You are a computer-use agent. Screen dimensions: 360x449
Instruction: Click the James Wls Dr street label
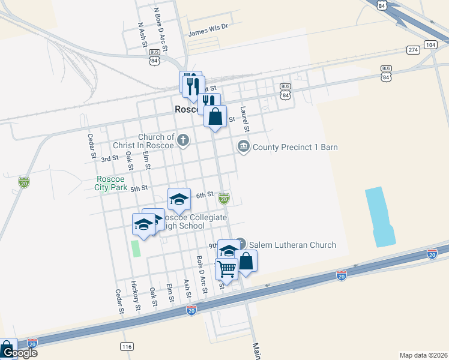click(209, 27)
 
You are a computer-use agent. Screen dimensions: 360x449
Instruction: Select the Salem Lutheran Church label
click(292, 245)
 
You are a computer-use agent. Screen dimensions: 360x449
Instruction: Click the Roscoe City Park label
click(111, 183)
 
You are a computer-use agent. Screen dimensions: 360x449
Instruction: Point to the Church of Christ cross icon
click(183, 141)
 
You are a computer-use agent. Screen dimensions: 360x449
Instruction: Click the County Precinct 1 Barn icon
click(243, 146)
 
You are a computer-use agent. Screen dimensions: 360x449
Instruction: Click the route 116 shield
click(126, 347)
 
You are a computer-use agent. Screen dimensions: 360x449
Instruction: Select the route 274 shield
click(412, 49)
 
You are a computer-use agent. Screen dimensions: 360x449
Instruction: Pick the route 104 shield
click(430, 45)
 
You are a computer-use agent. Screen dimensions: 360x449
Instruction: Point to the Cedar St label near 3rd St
click(93, 146)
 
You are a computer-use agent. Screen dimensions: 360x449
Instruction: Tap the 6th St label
click(205, 195)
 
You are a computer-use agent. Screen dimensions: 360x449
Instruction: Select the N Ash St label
click(143, 37)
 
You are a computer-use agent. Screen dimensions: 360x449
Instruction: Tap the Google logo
click(19, 352)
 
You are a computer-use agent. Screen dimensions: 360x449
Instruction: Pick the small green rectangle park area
click(136, 248)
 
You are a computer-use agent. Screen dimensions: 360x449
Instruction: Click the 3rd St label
click(109, 159)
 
